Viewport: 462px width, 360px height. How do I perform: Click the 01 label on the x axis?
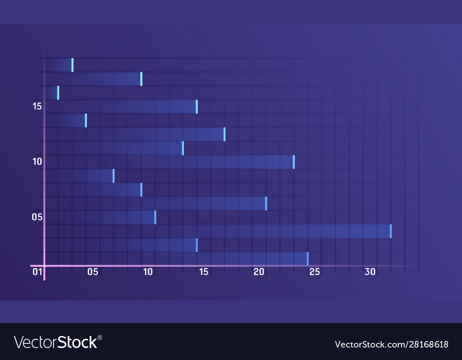(37, 272)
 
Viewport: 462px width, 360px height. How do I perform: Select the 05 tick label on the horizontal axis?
(92, 272)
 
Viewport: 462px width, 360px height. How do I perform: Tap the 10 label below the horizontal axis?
(148, 272)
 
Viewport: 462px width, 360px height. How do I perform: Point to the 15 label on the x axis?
(204, 272)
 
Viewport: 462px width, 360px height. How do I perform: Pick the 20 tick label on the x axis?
(259, 272)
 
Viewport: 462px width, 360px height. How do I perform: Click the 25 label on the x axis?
(315, 272)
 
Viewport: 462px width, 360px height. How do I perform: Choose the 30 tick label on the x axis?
(370, 272)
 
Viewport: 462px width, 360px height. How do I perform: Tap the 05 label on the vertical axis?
(37, 217)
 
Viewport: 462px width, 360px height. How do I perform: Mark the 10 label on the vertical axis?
(37, 162)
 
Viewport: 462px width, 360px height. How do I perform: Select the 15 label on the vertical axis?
(37, 107)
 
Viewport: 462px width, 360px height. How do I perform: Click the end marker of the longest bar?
(391, 231)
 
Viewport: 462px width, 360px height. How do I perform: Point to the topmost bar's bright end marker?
(73, 65)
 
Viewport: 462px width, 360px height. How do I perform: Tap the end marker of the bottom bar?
(308, 259)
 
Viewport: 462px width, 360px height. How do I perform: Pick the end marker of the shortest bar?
(58, 93)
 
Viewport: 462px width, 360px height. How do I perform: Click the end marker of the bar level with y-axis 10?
(294, 162)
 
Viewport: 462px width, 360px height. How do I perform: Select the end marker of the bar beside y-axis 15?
(197, 107)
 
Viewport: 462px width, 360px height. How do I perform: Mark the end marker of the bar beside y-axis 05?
(155, 217)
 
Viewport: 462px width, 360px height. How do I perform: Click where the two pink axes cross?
(45, 266)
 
